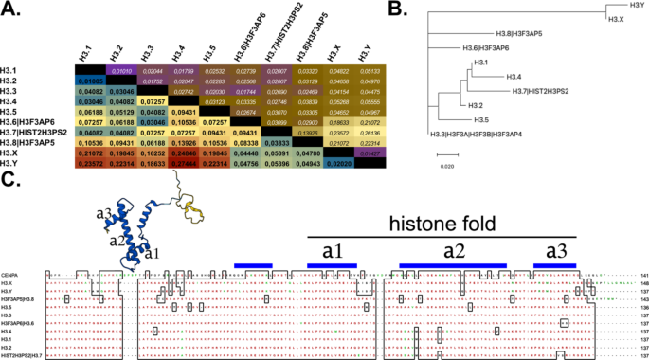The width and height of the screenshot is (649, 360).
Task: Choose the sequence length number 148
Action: (641, 282)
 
